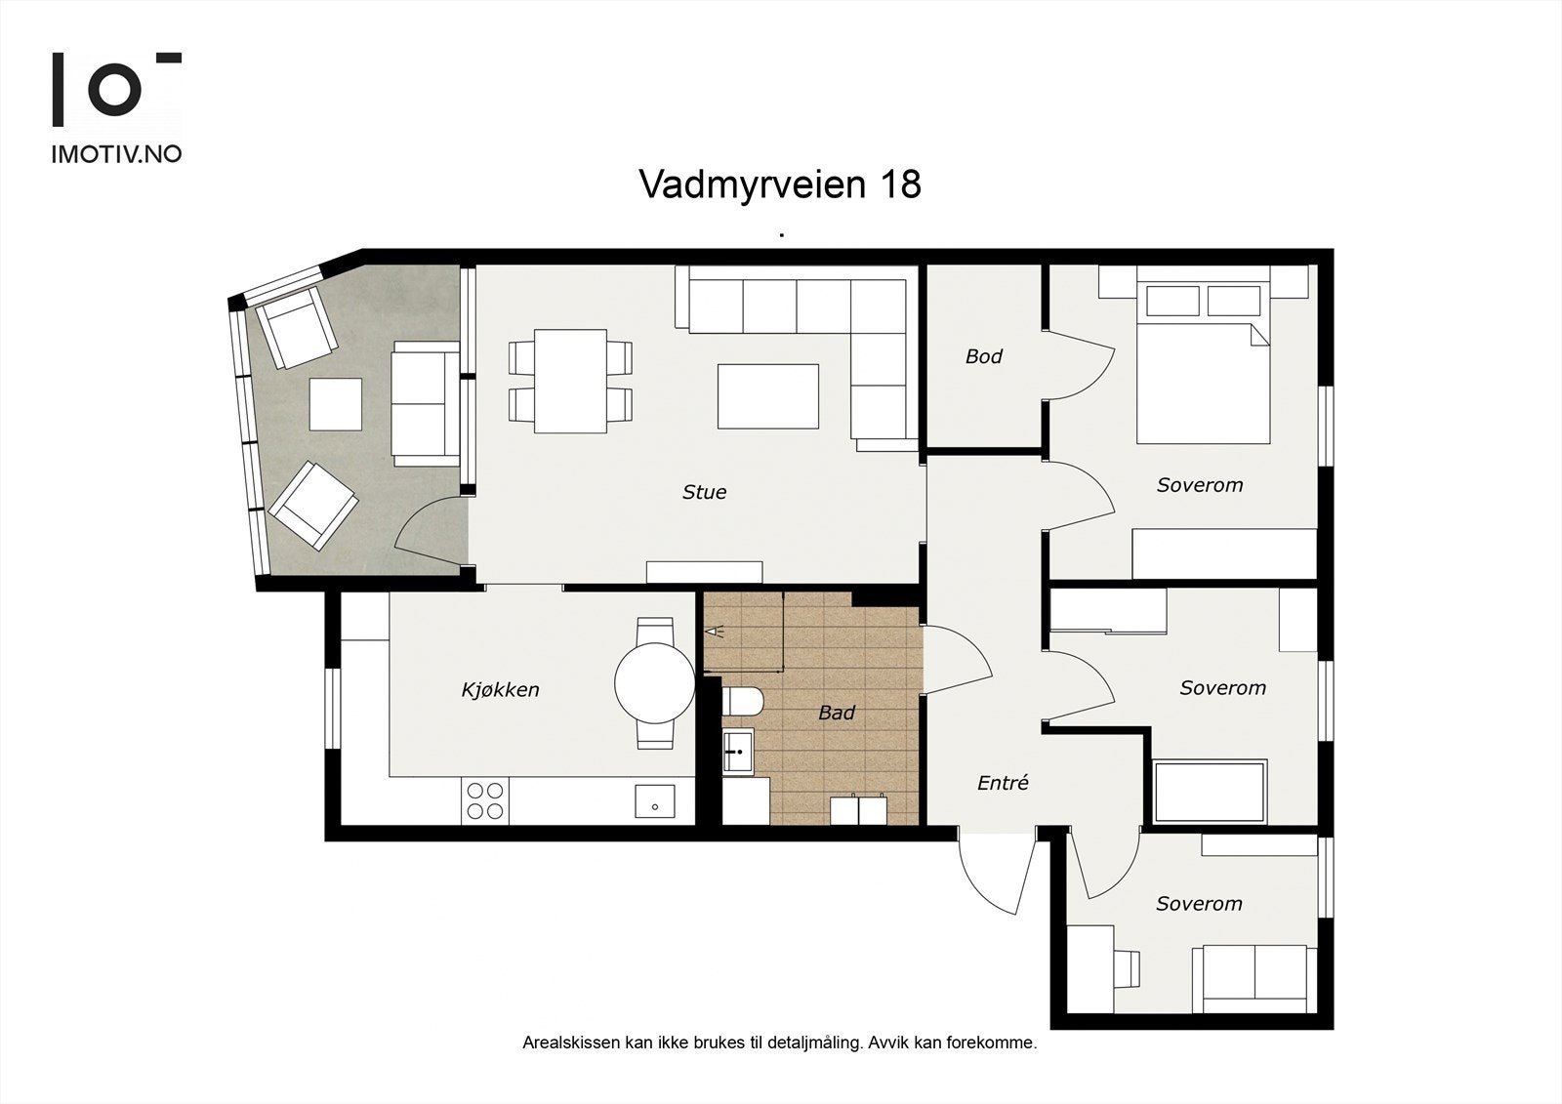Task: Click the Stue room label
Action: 704,492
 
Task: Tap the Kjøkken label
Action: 500,690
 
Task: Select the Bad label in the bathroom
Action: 836,714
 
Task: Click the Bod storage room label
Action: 983,356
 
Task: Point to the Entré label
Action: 1003,783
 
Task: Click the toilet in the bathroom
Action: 747,702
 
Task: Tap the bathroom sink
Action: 738,751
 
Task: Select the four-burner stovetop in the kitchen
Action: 485,800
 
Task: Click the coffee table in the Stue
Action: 768,396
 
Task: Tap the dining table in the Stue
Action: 570,381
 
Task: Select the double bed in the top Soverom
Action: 1203,376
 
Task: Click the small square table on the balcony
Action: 335,404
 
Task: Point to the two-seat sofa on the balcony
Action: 425,403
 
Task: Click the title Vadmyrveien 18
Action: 779,184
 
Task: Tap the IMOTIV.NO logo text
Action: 116,154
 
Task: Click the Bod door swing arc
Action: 1095,365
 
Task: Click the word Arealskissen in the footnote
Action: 570,1043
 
